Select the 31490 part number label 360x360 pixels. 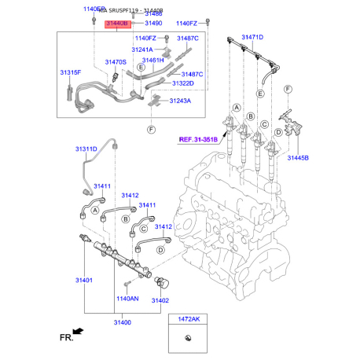tap(152, 24)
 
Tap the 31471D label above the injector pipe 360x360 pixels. tap(252, 38)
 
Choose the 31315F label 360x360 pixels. tap(71, 72)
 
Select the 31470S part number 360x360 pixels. tap(116, 61)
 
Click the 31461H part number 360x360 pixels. tap(153, 60)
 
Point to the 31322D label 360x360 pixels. tap(182, 83)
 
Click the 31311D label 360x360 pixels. tap(86, 149)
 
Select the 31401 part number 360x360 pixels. tap(83, 280)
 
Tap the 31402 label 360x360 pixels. tap(160, 300)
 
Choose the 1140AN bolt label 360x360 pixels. tap(127, 299)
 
